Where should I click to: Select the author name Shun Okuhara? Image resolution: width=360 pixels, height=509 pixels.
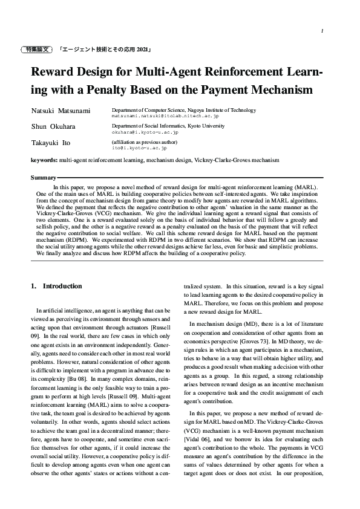52,127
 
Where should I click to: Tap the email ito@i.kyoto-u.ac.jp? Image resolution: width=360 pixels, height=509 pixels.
139,147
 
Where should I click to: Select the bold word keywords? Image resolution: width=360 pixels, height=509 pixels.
44,160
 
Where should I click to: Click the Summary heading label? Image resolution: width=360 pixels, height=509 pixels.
42,178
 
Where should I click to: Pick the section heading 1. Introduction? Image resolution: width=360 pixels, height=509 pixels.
56,286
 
